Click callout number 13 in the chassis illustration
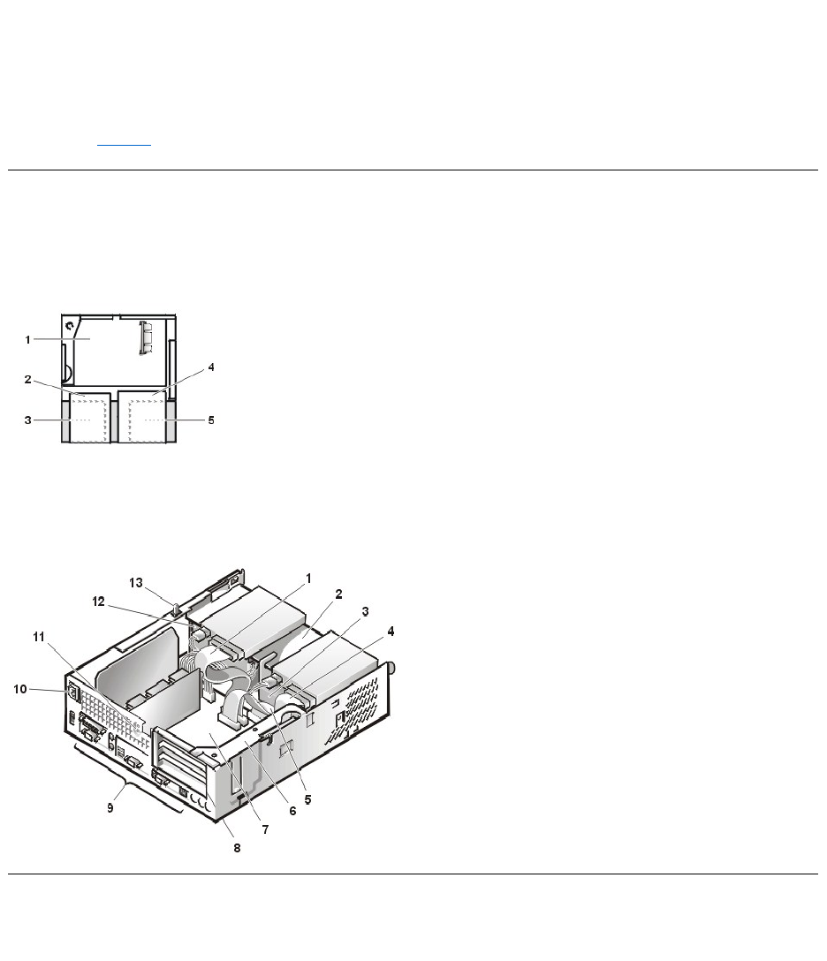pos(135,583)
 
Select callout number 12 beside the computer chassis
pos(98,602)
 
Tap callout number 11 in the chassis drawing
pos(39,638)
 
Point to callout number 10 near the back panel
pos(20,690)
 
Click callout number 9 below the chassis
pos(110,808)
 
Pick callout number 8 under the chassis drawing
pos(238,848)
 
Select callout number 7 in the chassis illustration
pos(265,830)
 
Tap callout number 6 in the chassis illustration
pos(292,812)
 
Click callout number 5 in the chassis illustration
pos(307,800)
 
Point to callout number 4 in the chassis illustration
pos(391,632)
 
